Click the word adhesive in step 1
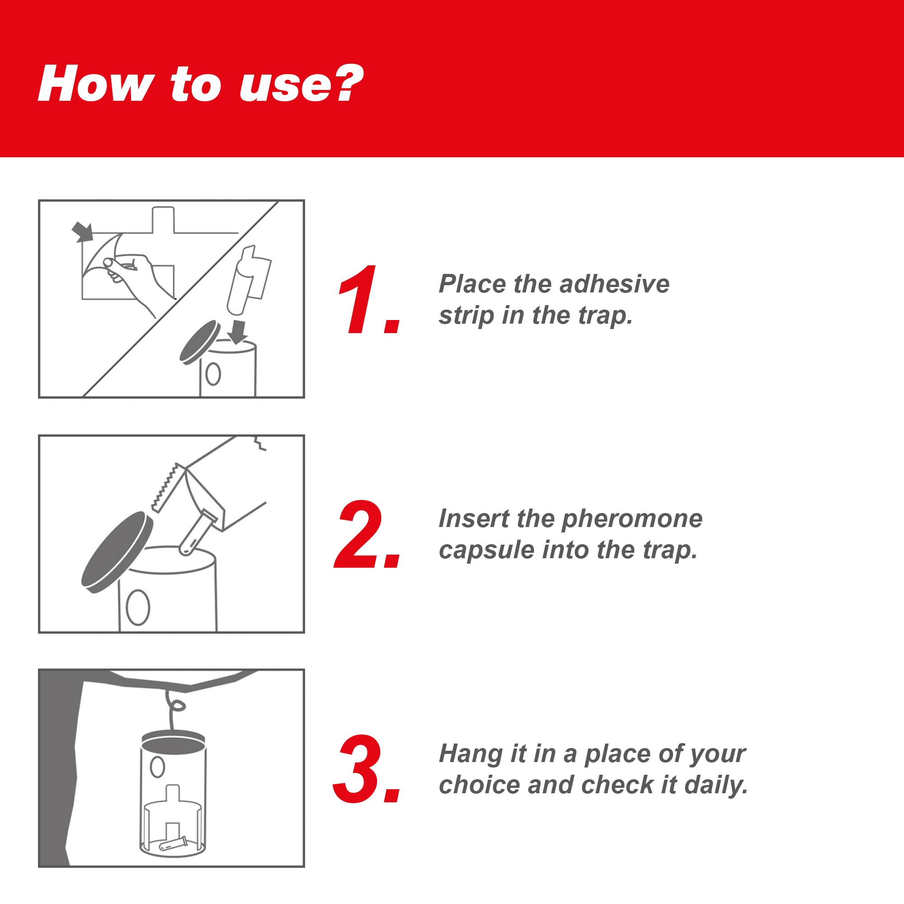tap(614, 284)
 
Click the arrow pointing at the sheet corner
tap(82, 232)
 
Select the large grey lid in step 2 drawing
tap(118, 552)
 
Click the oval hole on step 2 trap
tap(138, 607)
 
